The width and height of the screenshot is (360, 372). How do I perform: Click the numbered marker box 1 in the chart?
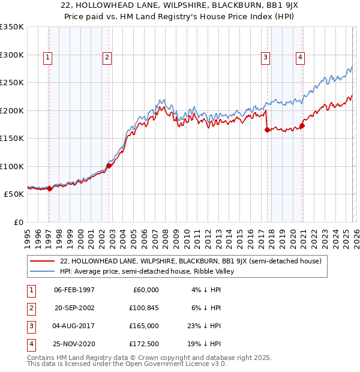point(47,58)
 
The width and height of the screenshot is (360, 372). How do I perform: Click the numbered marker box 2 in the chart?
point(106,58)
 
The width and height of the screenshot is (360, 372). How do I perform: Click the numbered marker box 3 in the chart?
point(265,58)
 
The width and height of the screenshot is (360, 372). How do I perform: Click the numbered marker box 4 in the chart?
point(299,58)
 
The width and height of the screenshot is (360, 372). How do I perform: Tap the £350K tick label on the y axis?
point(12,27)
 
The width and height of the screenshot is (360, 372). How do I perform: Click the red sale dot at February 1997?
point(50,188)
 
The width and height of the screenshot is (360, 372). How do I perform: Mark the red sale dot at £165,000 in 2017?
point(266,130)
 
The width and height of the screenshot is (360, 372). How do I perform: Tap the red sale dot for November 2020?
point(302,125)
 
